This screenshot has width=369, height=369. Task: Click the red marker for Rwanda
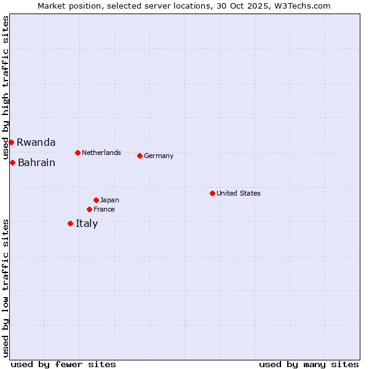click(x=11, y=142)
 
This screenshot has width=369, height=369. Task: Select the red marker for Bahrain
click(x=12, y=162)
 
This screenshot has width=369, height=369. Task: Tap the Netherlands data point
click(x=77, y=153)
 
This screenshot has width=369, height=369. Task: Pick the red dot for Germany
click(x=140, y=156)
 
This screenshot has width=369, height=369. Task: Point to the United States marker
click(x=212, y=193)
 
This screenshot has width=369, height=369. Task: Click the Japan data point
click(x=96, y=200)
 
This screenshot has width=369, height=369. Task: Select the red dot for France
click(x=89, y=209)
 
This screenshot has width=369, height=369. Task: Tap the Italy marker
click(x=70, y=223)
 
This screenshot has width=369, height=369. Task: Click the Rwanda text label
click(x=36, y=142)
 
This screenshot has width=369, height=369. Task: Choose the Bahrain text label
click(x=36, y=162)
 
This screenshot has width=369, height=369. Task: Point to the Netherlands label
click(x=101, y=153)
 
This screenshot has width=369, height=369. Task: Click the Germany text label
click(x=159, y=156)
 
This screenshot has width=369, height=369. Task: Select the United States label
click(x=238, y=193)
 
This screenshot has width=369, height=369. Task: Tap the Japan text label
click(x=109, y=200)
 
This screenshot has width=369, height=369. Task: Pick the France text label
click(x=104, y=209)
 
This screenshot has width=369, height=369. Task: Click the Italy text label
click(x=87, y=223)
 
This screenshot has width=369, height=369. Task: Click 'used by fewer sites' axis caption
click(x=63, y=364)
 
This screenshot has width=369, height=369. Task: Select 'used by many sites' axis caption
click(x=309, y=364)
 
